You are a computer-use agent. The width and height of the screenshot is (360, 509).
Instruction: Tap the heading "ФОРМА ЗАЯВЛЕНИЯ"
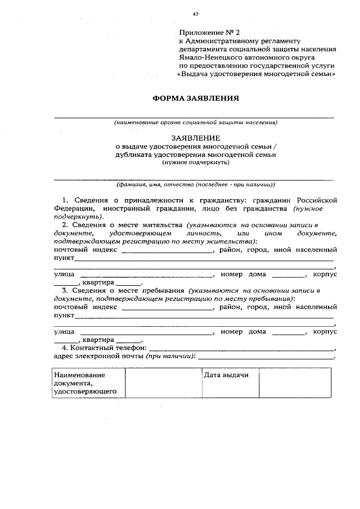196,98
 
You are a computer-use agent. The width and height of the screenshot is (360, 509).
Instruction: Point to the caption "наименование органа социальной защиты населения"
195,122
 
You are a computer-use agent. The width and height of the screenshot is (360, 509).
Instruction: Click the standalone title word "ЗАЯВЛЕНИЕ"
196,137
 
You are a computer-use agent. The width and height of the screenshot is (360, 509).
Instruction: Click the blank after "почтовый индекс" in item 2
168,250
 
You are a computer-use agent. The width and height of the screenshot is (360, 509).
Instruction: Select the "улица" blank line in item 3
147,332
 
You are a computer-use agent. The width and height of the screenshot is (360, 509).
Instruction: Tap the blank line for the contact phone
242,349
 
